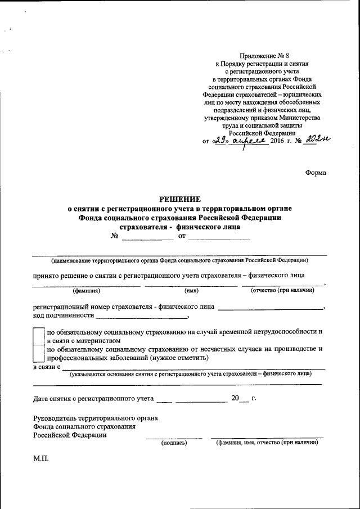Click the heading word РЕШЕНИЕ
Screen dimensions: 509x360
pyautogui.click(x=179, y=199)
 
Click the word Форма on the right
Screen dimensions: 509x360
pyautogui.click(x=315, y=173)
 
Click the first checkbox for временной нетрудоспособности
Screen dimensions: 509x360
pyautogui.click(x=38, y=336)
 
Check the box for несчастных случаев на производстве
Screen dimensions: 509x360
pyautogui.click(x=38, y=353)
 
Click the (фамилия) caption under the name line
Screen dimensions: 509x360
pyautogui.click(x=86, y=291)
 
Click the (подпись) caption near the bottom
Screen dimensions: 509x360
pyautogui.click(x=174, y=443)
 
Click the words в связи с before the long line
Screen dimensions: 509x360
pyautogui.click(x=47, y=367)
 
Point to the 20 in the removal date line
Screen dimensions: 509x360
pyautogui.click(x=235, y=399)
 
